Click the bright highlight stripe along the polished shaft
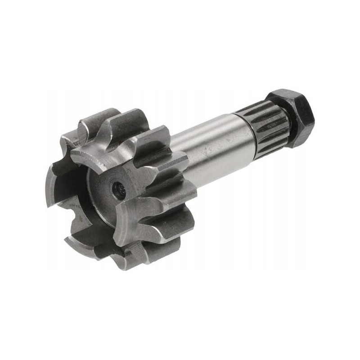point(211,135)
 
